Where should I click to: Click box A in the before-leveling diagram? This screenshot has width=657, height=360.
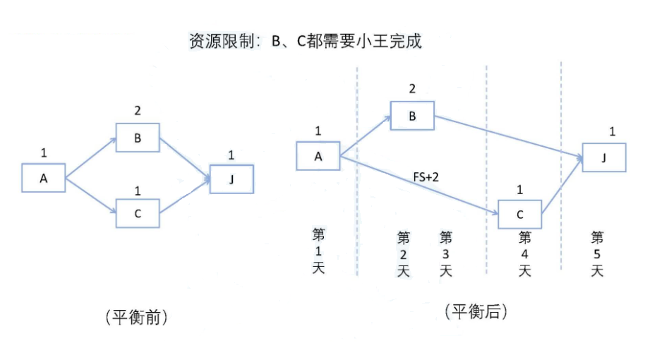click(x=43, y=179)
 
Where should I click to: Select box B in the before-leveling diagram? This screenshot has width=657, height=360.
click(x=138, y=138)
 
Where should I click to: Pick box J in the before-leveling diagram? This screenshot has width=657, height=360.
click(x=231, y=179)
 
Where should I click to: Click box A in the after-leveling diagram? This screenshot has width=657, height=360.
click(x=318, y=156)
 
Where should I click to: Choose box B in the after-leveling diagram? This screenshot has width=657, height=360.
click(x=412, y=116)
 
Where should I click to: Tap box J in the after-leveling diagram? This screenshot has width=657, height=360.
click(x=604, y=157)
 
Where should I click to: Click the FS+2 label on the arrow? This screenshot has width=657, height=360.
click(x=425, y=175)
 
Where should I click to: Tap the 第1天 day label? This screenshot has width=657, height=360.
click(x=318, y=251)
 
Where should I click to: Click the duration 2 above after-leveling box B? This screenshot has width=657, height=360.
click(x=412, y=89)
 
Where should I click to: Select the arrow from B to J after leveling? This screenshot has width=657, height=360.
click(x=508, y=138)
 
